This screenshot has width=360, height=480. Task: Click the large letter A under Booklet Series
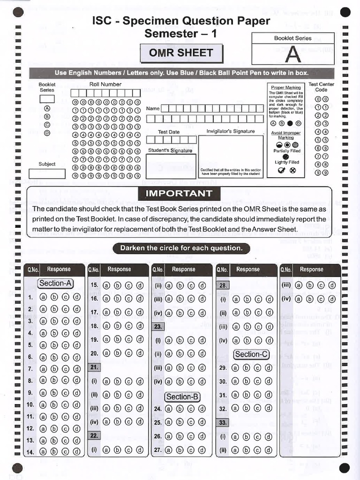(293, 54)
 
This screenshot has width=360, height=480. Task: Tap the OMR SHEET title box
(181, 53)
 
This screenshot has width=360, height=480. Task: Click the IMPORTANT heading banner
(179, 194)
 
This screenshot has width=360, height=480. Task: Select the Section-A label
(56, 283)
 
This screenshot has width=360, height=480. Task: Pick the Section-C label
(251, 354)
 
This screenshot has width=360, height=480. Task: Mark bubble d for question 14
(76, 452)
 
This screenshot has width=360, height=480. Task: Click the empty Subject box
(47, 173)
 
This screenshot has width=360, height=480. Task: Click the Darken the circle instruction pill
(181, 248)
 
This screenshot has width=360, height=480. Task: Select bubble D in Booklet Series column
(47, 133)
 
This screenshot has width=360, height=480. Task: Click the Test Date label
(169, 132)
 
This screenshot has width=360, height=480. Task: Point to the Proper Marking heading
(286, 88)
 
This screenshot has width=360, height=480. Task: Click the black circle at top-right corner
(345, 14)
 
